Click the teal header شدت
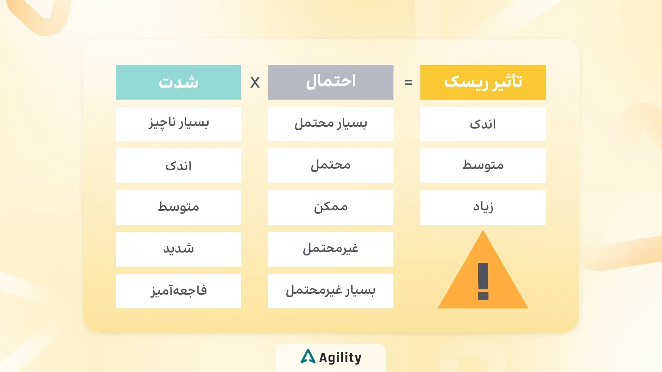(178, 82)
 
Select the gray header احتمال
(331, 82)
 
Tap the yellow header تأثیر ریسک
(483, 82)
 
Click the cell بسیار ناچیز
(178, 124)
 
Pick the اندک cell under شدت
(178, 166)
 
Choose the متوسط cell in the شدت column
(178, 207)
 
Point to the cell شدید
(178, 249)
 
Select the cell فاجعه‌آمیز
(178, 291)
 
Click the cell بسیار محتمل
(331, 124)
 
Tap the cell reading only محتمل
(331, 166)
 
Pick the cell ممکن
(331, 207)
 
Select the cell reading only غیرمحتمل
(331, 249)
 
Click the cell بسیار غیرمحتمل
(331, 291)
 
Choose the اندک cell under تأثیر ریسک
(483, 124)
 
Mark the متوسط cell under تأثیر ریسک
(483, 166)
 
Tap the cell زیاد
(483, 207)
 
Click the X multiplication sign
(255, 83)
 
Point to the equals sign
(408, 83)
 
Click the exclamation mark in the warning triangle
(483, 281)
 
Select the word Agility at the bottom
(340, 358)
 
